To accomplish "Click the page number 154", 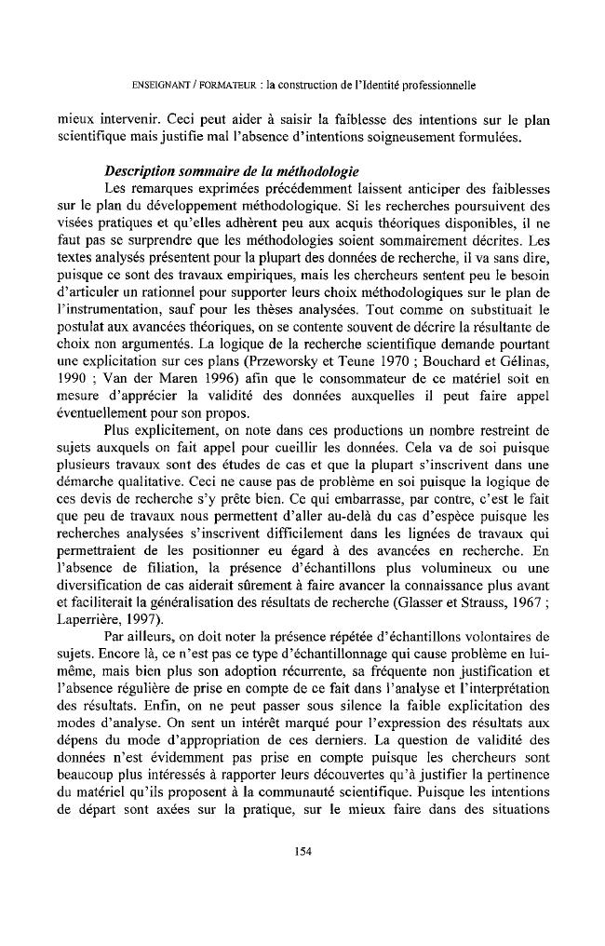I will click(302, 851).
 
